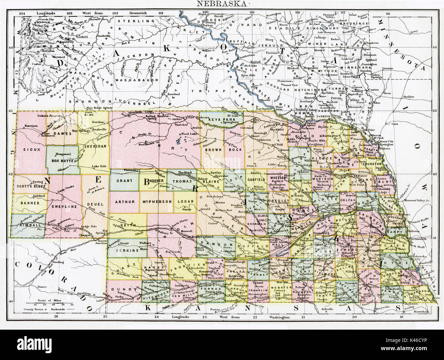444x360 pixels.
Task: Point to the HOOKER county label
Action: [x=156, y=181]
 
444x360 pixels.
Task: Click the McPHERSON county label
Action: [x=157, y=202]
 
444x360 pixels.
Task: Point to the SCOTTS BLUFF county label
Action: [x=28, y=186]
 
